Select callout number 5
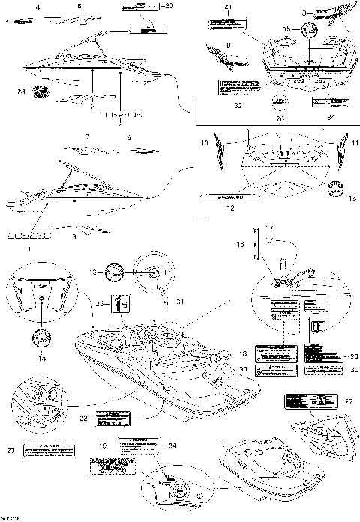[79, 6]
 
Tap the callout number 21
[229, 7]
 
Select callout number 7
[88, 137]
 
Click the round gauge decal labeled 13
[115, 271]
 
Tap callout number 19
[102, 445]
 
